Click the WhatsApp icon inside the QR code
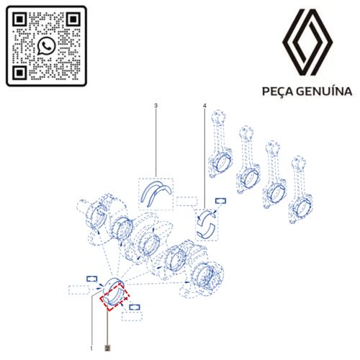[x=47, y=45]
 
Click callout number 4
[x=205, y=107]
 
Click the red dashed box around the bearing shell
[x=116, y=294]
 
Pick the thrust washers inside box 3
[x=158, y=192]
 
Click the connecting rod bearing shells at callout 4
[x=208, y=224]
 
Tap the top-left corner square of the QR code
[x=20, y=19]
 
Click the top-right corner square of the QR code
[x=73, y=19]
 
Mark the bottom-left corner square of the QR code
[x=20, y=72]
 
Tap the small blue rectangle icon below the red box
[x=135, y=307]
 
